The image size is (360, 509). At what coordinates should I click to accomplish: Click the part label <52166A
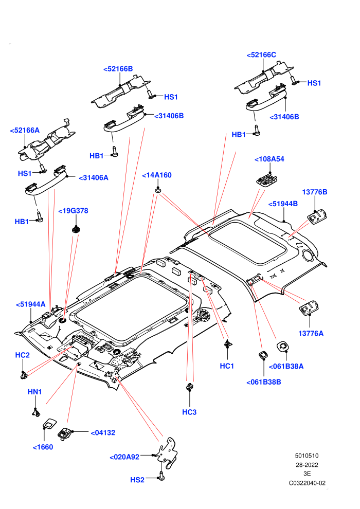(x=25, y=131)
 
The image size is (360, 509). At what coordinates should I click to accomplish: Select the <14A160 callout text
(x=157, y=175)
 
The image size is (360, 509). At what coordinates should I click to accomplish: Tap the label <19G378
(x=73, y=211)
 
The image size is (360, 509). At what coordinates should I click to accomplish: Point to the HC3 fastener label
(x=189, y=412)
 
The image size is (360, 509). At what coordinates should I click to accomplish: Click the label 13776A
(x=311, y=333)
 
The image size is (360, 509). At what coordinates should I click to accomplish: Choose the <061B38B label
(x=264, y=382)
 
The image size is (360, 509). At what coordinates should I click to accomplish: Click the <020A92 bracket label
(x=124, y=457)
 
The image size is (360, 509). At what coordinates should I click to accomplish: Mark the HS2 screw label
(x=137, y=480)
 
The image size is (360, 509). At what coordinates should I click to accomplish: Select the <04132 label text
(x=103, y=433)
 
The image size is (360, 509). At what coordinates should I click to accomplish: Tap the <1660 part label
(x=43, y=447)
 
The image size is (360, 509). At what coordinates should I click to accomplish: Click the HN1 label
(x=35, y=392)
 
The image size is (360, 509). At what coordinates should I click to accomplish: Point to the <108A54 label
(x=269, y=159)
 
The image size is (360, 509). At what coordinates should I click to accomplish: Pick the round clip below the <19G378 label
(x=76, y=229)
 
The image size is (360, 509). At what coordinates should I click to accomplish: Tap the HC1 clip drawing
(x=228, y=343)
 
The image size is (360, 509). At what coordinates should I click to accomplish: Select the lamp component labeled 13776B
(x=317, y=216)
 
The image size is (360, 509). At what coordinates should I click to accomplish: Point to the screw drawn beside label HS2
(x=161, y=476)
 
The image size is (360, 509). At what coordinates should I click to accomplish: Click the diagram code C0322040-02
(x=307, y=483)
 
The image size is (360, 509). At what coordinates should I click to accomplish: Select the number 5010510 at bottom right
(x=307, y=456)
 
